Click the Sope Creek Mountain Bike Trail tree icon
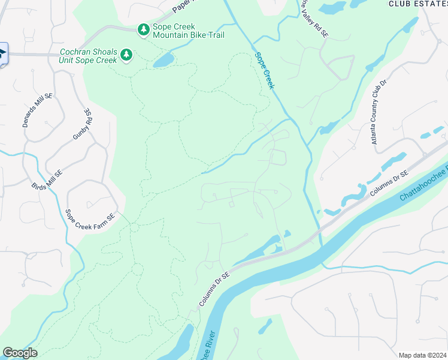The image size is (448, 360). [x=143, y=29]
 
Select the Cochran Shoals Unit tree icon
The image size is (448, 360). [x=126, y=55]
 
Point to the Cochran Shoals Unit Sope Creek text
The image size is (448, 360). [x=87, y=55]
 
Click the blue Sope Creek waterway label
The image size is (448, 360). [x=264, y=71]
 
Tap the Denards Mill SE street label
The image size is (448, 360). [x=33, y=112]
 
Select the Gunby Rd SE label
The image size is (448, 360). [x=82, y=124]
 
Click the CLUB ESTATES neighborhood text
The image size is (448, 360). [x=417, y=4]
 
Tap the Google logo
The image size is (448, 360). [x=20, y=353]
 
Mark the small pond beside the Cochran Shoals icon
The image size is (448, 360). [x=163, y=61]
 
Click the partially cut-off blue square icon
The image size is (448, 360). [x=2, y=54]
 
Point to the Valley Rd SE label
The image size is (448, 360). [x=314, y=20]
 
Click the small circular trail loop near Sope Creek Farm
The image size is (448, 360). [x=134, y=227]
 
